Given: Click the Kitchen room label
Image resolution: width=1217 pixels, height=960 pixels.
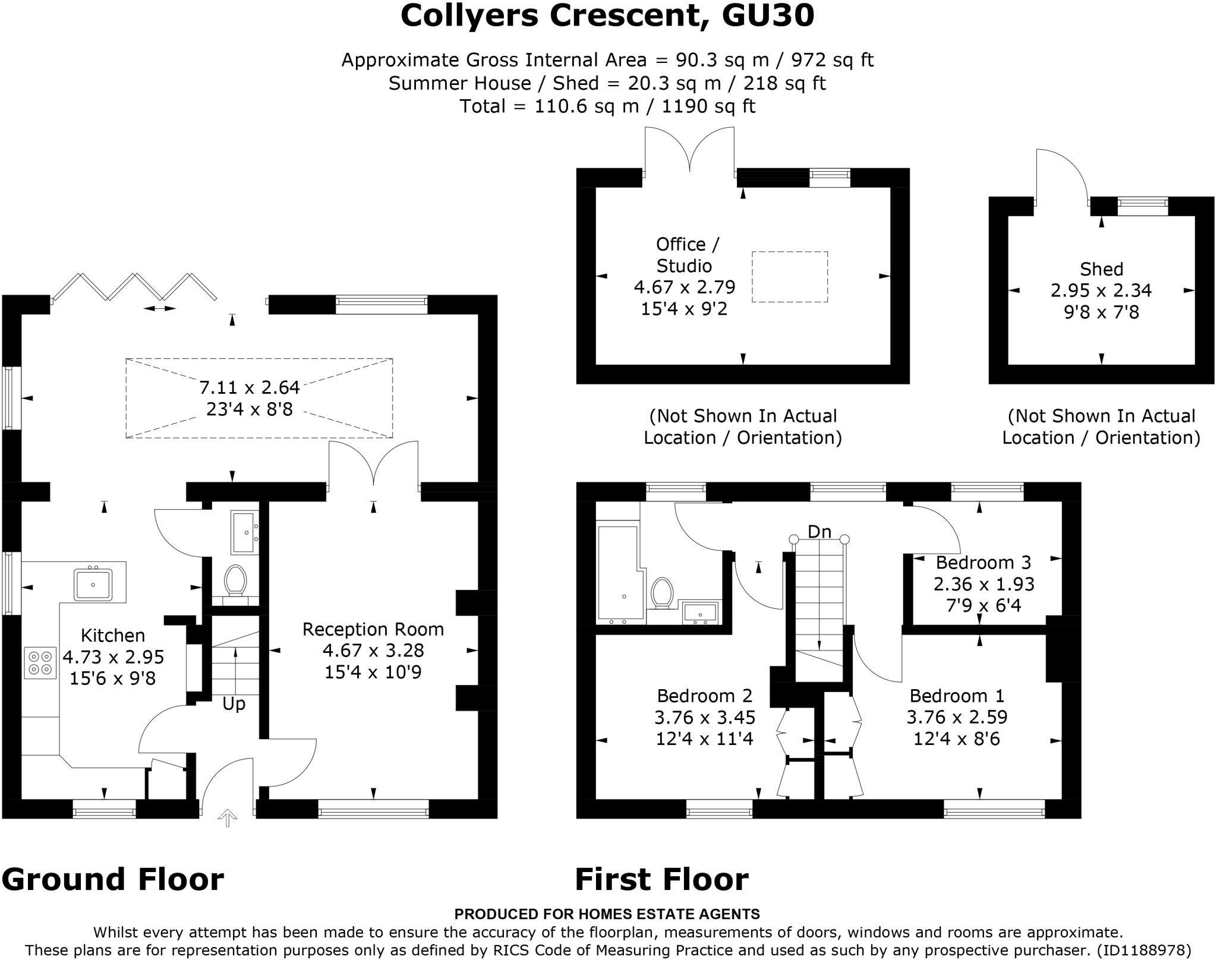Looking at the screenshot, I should (113, 635).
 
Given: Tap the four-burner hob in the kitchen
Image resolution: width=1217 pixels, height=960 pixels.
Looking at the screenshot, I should (40, 662).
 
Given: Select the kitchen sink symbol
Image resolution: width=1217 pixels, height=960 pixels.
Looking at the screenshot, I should (93, 585).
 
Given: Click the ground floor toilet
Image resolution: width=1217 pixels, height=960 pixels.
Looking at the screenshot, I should (235, 580).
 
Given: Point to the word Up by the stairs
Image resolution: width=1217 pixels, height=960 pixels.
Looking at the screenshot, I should (234, 704).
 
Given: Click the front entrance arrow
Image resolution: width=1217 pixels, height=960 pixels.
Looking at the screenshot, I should (227, 818).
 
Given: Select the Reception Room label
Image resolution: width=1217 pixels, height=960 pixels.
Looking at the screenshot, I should (373, 629).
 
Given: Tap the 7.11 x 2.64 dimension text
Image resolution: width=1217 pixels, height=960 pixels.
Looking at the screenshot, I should (250, 388).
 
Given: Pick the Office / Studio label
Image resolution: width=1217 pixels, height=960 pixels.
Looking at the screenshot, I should (688, 255).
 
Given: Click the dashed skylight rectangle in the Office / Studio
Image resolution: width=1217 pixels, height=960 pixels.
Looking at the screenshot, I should (790, 277).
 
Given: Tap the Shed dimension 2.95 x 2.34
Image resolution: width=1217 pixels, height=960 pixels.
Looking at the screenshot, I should (1101, 290).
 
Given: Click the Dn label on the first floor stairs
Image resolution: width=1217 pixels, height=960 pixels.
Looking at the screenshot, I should (819, 532).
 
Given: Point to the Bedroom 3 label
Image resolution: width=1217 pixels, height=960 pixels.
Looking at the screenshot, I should (983, 562).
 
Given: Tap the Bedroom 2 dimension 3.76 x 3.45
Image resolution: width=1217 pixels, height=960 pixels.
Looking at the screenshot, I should (705, 717).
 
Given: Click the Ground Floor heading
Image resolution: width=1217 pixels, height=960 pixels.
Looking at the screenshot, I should (113, 879).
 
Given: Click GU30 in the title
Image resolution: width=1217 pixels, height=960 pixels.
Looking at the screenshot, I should (768, 16).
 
